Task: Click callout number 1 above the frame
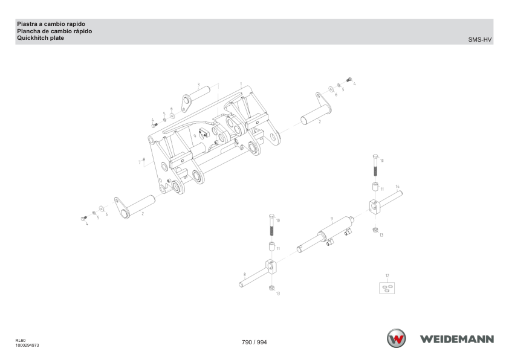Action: point(241,84)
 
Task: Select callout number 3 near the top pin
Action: point(198,85)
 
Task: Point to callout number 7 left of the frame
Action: point(140,162)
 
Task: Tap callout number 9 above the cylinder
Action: point(331,219)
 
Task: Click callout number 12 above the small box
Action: point(387,275)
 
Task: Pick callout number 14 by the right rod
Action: point(397,187)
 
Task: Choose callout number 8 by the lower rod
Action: point(244,275)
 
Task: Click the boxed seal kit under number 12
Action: point(387,288)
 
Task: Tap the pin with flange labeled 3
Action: point(196,97)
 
